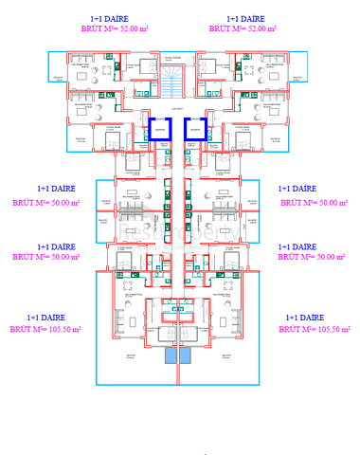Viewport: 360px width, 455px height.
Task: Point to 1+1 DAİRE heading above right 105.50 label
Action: [x=315, y=317]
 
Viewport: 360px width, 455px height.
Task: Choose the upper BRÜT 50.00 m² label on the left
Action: [x=45, y=202]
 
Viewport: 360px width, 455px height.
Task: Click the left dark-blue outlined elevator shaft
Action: [x=160, y=129]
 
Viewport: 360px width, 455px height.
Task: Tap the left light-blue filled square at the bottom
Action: [x=171, y=356]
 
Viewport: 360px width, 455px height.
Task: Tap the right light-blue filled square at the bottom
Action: [x=186, y=356]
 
